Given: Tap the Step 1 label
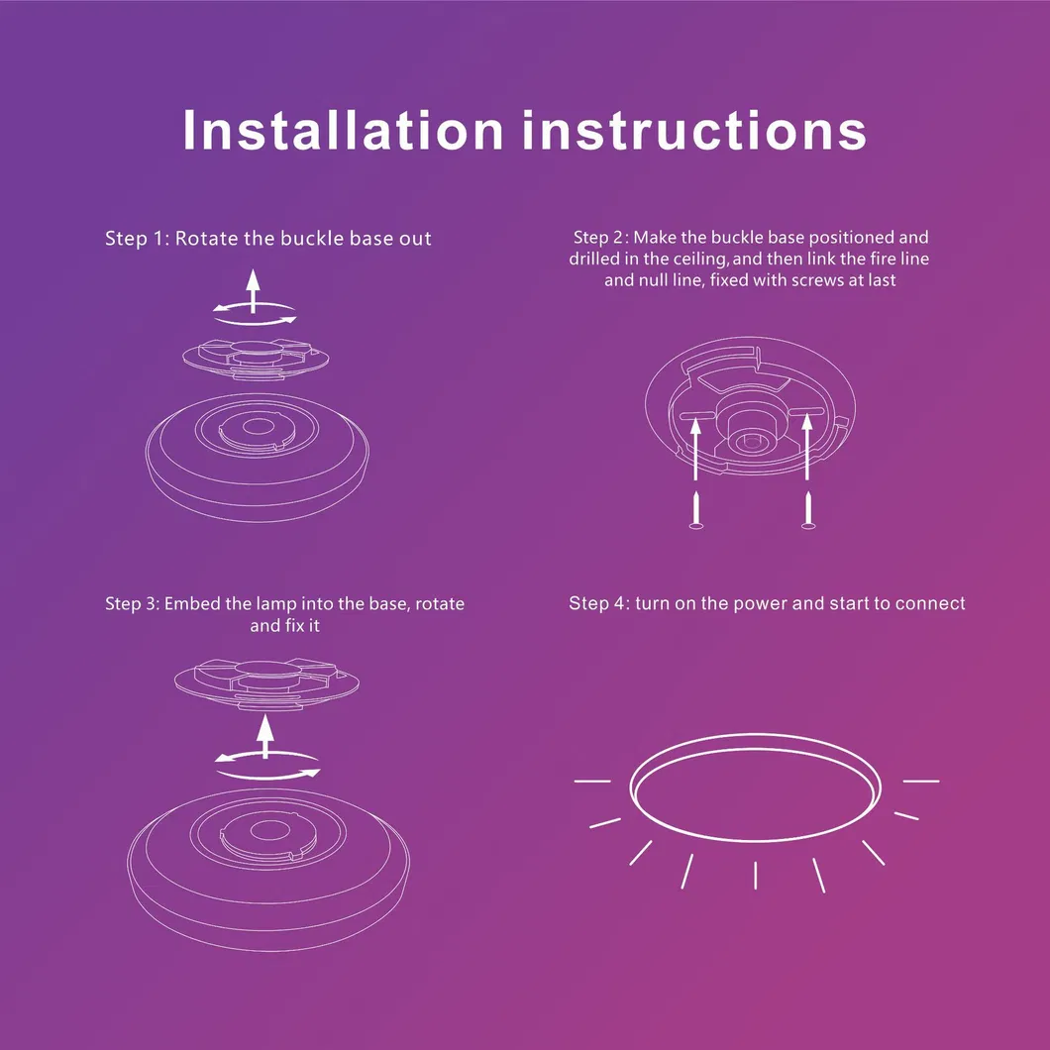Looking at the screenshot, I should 136,239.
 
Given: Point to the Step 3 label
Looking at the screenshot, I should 133,603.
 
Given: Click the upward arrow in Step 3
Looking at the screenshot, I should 264,735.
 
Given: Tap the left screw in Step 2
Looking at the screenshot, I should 695,509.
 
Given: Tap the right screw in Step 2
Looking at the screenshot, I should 808,509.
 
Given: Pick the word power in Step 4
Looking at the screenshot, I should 758,603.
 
